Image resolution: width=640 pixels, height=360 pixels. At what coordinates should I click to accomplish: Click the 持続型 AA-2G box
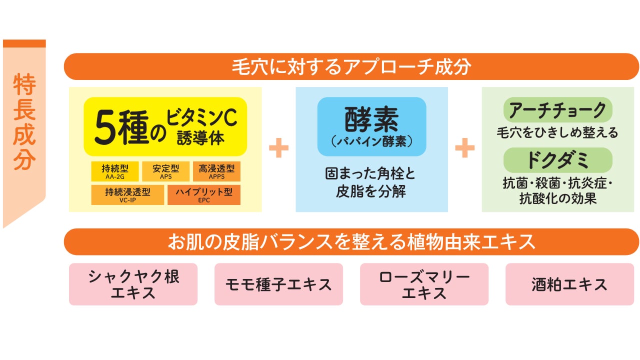pos(115,171)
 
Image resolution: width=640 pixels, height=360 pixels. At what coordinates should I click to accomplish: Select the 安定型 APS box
pos(165,171)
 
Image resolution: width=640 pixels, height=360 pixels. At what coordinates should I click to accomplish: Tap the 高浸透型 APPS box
pos(216,171)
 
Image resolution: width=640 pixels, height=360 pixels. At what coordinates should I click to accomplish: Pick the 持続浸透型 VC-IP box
pos(127,195)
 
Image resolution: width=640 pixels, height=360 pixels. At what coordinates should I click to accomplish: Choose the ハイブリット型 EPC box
pos(204,195)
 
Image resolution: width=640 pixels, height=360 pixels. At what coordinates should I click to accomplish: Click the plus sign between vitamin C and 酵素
pos(279,147)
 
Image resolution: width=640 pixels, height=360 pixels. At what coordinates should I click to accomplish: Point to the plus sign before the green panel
pos(465,147)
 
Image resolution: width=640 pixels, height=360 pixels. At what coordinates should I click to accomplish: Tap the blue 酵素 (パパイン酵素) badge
pos(371,126)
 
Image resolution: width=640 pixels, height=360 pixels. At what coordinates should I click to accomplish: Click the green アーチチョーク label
pos(557,110)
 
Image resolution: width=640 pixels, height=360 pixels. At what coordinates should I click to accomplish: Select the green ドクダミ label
pos(557,160)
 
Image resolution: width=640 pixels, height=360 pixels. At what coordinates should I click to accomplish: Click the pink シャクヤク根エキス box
pos(133,284)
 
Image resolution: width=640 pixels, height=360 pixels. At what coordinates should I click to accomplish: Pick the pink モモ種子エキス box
pos(278,284)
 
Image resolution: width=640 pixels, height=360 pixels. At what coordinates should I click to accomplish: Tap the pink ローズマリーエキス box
pos(424,284)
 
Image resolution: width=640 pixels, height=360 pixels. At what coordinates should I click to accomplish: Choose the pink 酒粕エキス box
pos(569,284)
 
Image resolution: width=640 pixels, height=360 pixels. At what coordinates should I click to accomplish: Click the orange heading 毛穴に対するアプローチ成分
pos(351,66)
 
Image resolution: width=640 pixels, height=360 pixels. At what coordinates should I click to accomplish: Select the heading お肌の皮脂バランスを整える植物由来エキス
pos(351,241)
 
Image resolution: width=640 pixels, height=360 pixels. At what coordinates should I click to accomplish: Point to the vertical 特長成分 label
pos(24,121)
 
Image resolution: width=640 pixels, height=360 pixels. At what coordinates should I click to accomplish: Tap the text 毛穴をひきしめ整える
pos(557,132)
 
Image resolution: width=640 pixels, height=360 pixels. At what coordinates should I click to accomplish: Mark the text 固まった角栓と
pos(370,173)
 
